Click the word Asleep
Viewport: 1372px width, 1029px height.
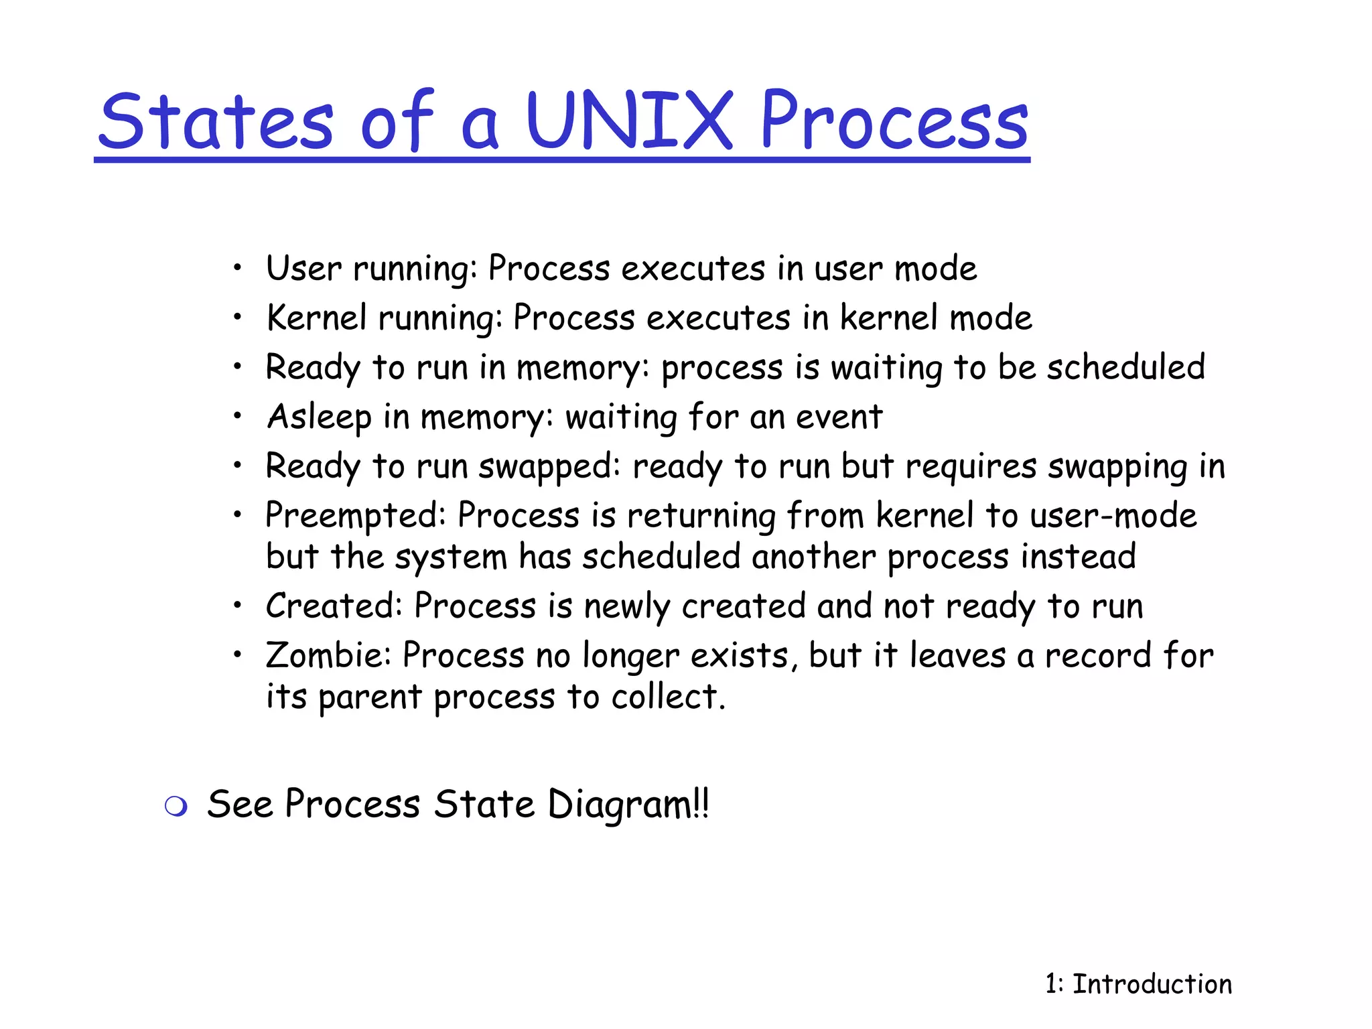tap(319, 417)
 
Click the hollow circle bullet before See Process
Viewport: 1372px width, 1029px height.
tap(176, 807)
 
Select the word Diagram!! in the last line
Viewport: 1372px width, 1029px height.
tap(628, 805)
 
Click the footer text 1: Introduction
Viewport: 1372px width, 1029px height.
tap(1138, 984)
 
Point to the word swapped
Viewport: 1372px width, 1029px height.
tap(554, 467)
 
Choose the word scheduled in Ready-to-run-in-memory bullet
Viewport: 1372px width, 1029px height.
tap(1125, 367)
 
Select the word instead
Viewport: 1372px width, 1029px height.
tap(1078, 557)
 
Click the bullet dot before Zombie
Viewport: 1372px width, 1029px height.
tap(237, 655)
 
